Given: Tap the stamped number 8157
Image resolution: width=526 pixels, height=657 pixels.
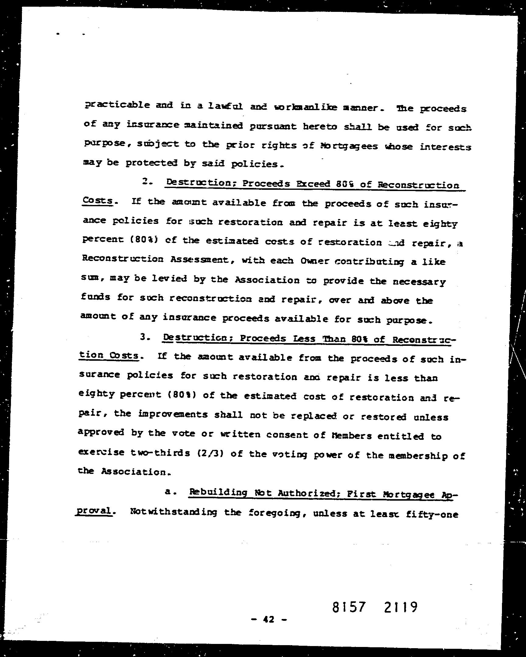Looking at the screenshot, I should click(x=348, y=599).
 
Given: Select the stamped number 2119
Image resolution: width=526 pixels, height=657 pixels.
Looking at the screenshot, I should click(x=399, y=599).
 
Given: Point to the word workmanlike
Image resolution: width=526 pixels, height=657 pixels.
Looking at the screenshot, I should click(x=306, y=107).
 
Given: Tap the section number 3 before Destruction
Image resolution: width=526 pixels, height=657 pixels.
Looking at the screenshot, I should click(x=144, y=337).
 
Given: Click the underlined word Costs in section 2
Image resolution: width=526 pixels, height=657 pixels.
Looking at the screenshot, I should click(x=98, y=201).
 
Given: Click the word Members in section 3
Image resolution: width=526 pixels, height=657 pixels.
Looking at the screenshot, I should click(x=352, y=436).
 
